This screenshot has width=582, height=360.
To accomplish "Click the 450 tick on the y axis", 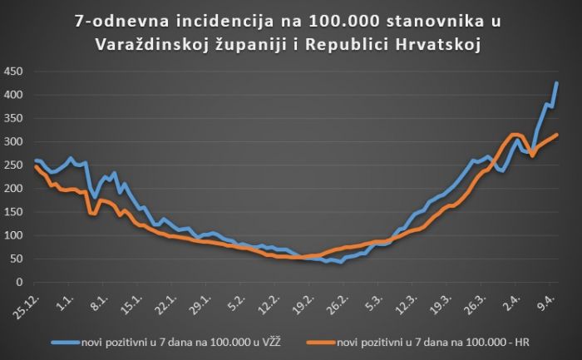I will [x=12, y=72].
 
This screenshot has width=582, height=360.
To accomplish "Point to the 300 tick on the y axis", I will [x=12, y=142].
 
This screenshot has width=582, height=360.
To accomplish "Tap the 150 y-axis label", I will [x=12, y=212].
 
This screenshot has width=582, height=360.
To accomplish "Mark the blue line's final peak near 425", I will [x=556, y=83].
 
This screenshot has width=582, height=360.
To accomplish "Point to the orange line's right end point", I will [x=556, y=135].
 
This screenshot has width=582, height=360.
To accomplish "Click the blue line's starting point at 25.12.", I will [x=35, y=160].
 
